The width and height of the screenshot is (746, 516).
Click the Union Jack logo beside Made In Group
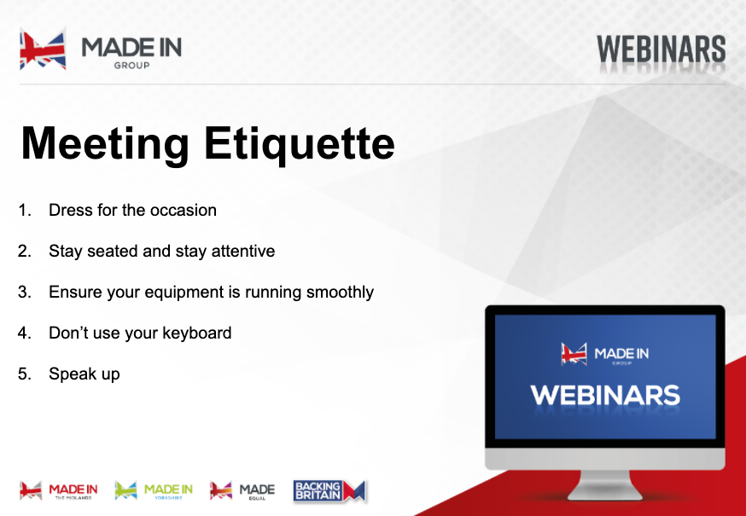tap(43, 49)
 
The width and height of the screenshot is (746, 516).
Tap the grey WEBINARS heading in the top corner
tap(661, 49)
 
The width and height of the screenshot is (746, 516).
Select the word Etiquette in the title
tap(300, 142)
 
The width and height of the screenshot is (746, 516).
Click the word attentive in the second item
tap(243, 251)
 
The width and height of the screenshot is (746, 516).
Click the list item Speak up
tap(85, 374)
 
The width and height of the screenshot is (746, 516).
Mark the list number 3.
tap(24, 292)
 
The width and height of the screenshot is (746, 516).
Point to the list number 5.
tap(24, 374)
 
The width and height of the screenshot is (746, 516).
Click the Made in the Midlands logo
tap(59, 490)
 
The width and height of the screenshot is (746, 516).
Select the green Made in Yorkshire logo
tap(154, 490)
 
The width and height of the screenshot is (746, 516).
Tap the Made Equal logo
tap(242, 490)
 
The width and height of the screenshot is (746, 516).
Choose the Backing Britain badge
tap(329, 491)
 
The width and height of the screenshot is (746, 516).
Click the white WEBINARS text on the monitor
tap(605, 395)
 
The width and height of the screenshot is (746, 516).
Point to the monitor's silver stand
tap(605, 485)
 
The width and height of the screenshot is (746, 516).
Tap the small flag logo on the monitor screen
tap(574, 354)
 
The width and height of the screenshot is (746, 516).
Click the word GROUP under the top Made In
tap(131, 66)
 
